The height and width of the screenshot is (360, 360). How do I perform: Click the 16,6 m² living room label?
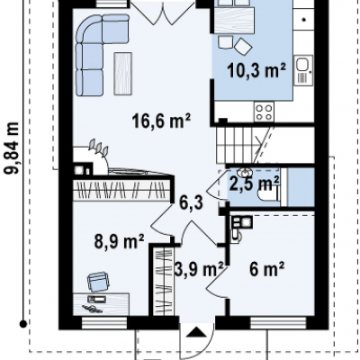click(161, 121)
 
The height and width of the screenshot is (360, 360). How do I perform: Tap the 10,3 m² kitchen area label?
click(256, 71)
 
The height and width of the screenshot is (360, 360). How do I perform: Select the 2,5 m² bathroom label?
click(255, 184)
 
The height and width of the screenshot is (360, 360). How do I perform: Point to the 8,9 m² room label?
click(120, 241)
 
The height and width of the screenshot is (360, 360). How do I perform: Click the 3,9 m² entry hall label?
click(199, 269)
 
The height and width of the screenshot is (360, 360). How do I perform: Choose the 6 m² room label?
click(266, 269)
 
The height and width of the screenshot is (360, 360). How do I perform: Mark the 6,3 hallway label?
click(192, 202)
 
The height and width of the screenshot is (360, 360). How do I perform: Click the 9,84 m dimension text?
click(12, 148)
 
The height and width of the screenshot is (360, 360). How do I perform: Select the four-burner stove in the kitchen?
click(264, 112)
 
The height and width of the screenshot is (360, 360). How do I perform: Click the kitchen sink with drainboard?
click(303, 70)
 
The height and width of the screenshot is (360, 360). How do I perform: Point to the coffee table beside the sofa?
click(122, 74)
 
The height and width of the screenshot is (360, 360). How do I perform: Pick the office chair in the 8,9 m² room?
click(97, 282)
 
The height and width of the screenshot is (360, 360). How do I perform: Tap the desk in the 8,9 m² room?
click(101, 304)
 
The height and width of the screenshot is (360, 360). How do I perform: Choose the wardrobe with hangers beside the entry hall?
click(164, 282)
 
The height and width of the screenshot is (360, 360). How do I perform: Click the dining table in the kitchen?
click(234, 20)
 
